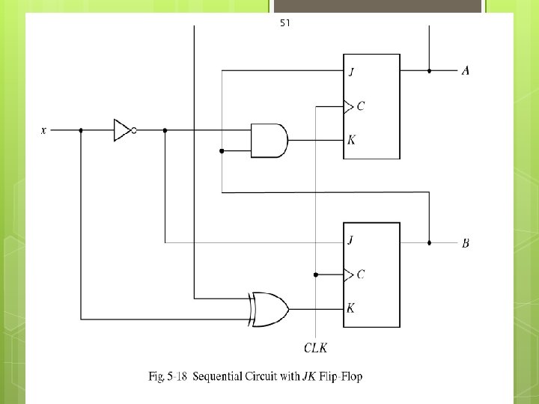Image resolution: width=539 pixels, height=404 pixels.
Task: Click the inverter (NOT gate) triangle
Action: tap(122, 130)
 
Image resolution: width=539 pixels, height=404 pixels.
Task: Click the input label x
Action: tap(43, 130)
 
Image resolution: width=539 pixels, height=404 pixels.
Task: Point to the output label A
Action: tap(466, 71)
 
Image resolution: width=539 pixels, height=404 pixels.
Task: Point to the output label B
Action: tap(466, 243)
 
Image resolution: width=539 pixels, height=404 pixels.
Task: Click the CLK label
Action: tap(316, 347)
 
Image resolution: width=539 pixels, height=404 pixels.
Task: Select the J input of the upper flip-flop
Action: tap(351, 73)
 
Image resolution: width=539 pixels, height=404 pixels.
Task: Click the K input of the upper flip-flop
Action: tap(351, 140)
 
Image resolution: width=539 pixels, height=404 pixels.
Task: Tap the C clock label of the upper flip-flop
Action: tap(361, 106)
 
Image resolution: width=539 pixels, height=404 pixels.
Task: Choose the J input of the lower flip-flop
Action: tap(351, 241)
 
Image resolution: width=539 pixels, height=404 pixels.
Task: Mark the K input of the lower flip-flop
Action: tap(351, 308)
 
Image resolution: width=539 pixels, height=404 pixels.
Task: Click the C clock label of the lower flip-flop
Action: tap(361, 275)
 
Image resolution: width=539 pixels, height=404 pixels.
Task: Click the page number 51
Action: tap(285, 23)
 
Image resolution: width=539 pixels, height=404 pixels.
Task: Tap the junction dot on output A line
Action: tap(430, 71)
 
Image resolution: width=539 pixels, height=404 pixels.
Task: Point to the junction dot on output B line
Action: tap(430, 243)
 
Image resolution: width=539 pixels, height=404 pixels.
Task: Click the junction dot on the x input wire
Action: tap(81, 130)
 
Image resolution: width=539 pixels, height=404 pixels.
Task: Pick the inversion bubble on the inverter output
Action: tap(133, 130)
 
